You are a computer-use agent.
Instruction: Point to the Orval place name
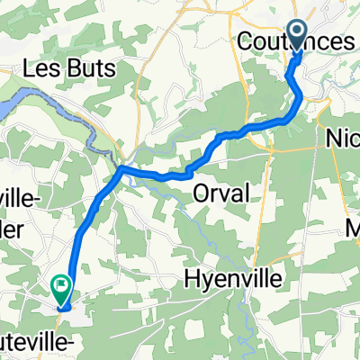click(x=220, y=193)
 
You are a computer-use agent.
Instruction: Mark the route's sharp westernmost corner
click(x=121, y=167)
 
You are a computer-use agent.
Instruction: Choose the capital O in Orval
click(x=201, y=193)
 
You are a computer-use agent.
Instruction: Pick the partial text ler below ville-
click(x=16, y=223)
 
